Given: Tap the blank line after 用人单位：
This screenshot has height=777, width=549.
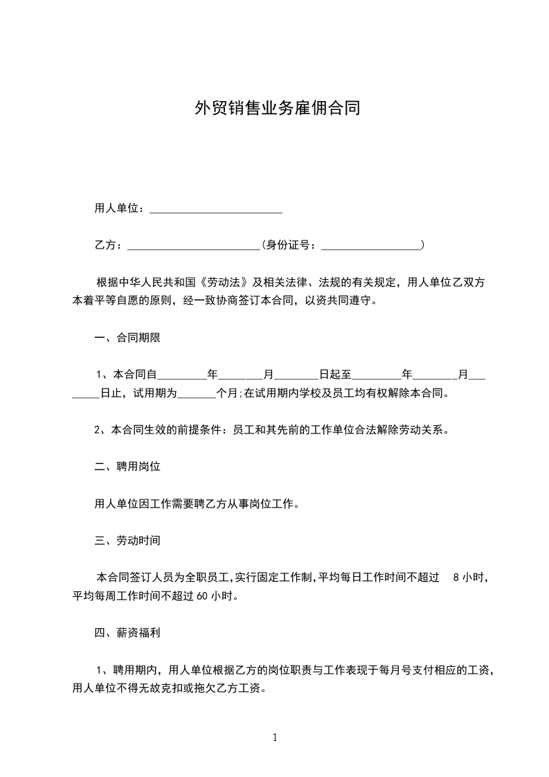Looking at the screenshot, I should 216,210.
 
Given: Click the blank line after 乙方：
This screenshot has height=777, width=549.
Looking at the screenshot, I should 194,246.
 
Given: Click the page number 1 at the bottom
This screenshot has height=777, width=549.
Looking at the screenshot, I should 275,738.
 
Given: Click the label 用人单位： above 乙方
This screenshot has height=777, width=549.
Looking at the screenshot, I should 119,209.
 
